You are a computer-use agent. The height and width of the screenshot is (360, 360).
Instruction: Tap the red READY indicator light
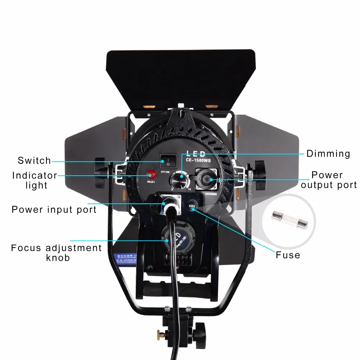[151, 175]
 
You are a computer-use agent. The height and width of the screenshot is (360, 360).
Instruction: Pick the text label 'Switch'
[34, 161]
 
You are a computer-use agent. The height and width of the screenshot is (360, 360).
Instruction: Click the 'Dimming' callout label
[328, 154]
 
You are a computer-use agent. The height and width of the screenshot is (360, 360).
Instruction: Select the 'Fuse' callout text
[288, 255]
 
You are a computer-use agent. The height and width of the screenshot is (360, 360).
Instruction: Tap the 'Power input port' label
[54, 210]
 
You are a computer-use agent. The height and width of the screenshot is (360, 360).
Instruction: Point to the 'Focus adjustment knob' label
[57, 253]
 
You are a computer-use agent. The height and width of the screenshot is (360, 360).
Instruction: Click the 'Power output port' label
[329, 180]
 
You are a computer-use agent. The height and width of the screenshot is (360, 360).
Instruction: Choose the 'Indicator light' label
[35, 180]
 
